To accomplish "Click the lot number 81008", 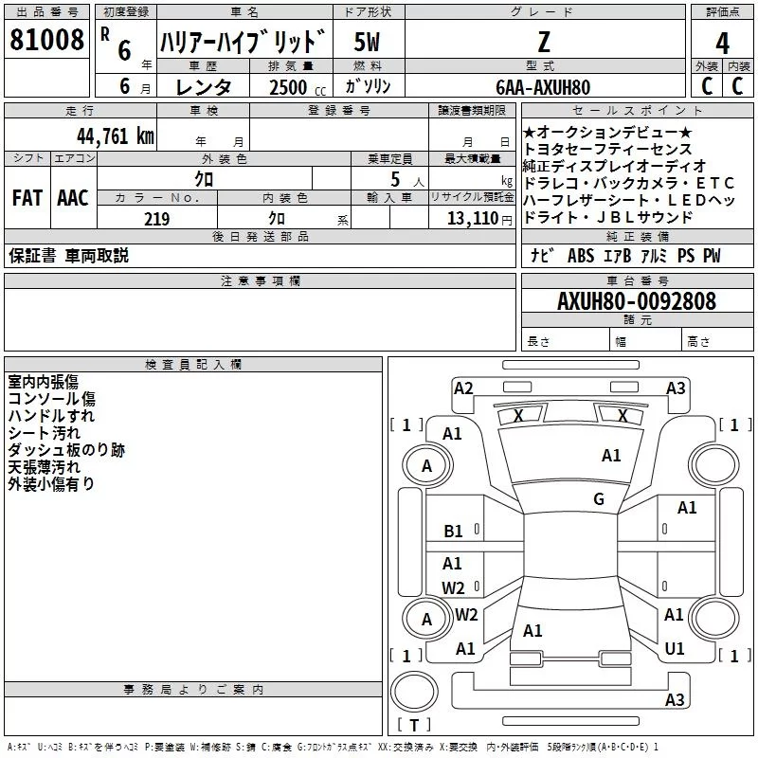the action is tap(46, 40).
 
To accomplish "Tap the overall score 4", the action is tap(722, 44).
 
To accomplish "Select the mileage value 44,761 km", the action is tap(115, 136).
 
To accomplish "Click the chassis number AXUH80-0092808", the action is tap(637, 301).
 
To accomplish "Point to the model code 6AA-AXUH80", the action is tap(543, 87).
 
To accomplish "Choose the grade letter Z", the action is tap(544, 42).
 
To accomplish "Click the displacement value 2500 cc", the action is tap(298, 87).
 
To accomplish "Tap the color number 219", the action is tap(157, 219).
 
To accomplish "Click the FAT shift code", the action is tap(27, 198).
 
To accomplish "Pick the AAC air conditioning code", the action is tap(73, 198).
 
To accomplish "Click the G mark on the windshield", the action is tap(599, 499).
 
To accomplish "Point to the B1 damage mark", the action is tap(453, 532).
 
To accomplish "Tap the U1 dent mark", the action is tap(675, 649).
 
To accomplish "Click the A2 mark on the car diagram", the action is tap(463, 388).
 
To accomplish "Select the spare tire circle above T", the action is tap(414, 692).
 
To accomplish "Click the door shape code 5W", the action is tap(367, 42).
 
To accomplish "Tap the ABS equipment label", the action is tap(581, 256).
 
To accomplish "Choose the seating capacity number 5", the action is tap(395, 179).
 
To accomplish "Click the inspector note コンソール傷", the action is tap(52, 399).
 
